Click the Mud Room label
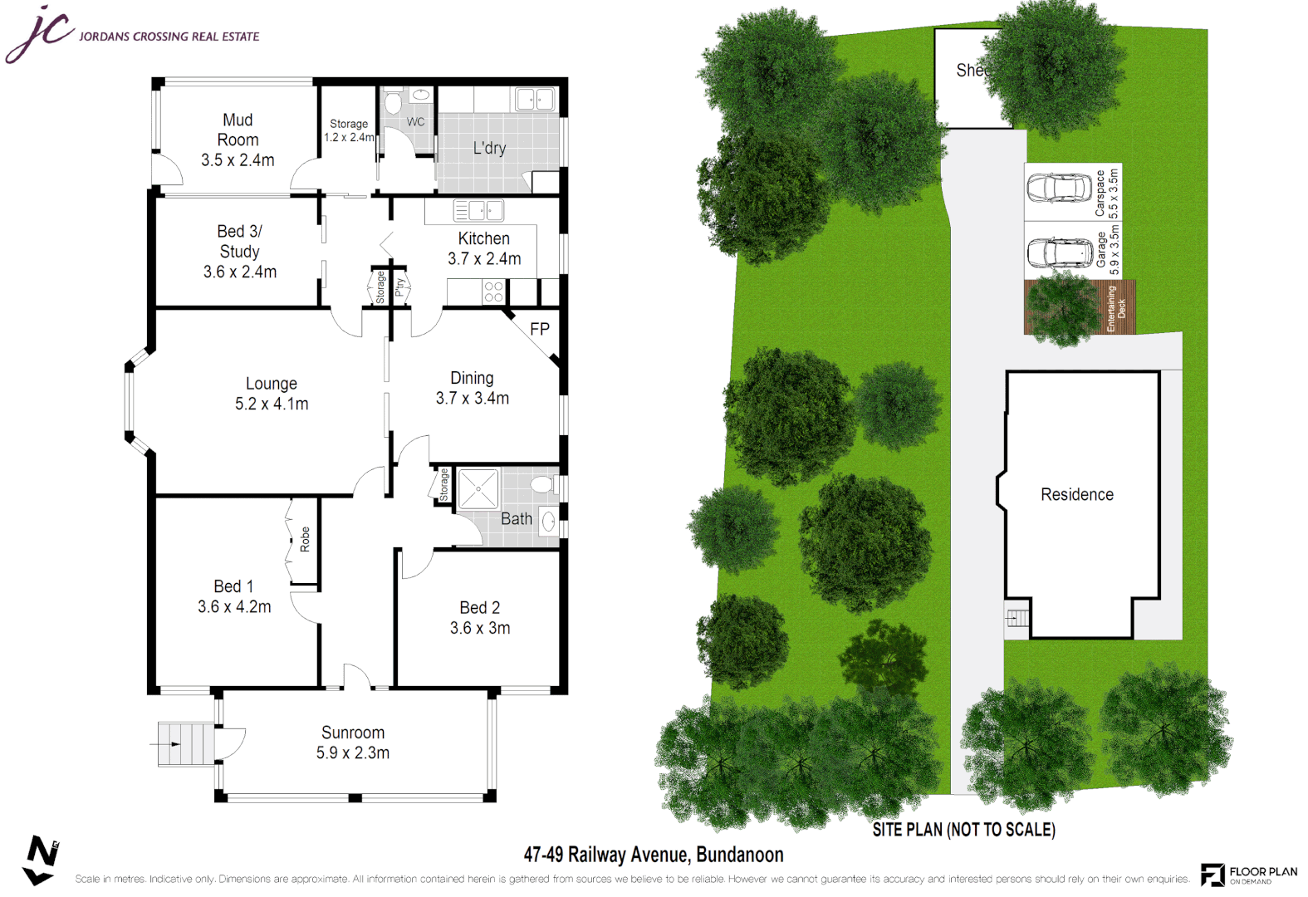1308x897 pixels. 238,140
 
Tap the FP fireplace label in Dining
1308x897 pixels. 540,329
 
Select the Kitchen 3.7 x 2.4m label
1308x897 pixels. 484,248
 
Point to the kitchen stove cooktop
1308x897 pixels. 493,292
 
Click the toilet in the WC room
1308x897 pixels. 393,103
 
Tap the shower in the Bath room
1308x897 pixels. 478,489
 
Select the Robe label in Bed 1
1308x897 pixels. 305,539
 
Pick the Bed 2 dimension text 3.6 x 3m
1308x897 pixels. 480,629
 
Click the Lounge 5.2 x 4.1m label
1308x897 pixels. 272,394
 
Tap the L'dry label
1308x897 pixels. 489,148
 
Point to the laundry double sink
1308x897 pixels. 535,100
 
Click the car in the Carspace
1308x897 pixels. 1059,189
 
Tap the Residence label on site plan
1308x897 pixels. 1077,495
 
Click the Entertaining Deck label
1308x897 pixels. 1115,309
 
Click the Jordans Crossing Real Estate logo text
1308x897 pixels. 169,37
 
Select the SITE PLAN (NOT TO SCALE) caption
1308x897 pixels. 963,830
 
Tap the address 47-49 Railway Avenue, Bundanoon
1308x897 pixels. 654,855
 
